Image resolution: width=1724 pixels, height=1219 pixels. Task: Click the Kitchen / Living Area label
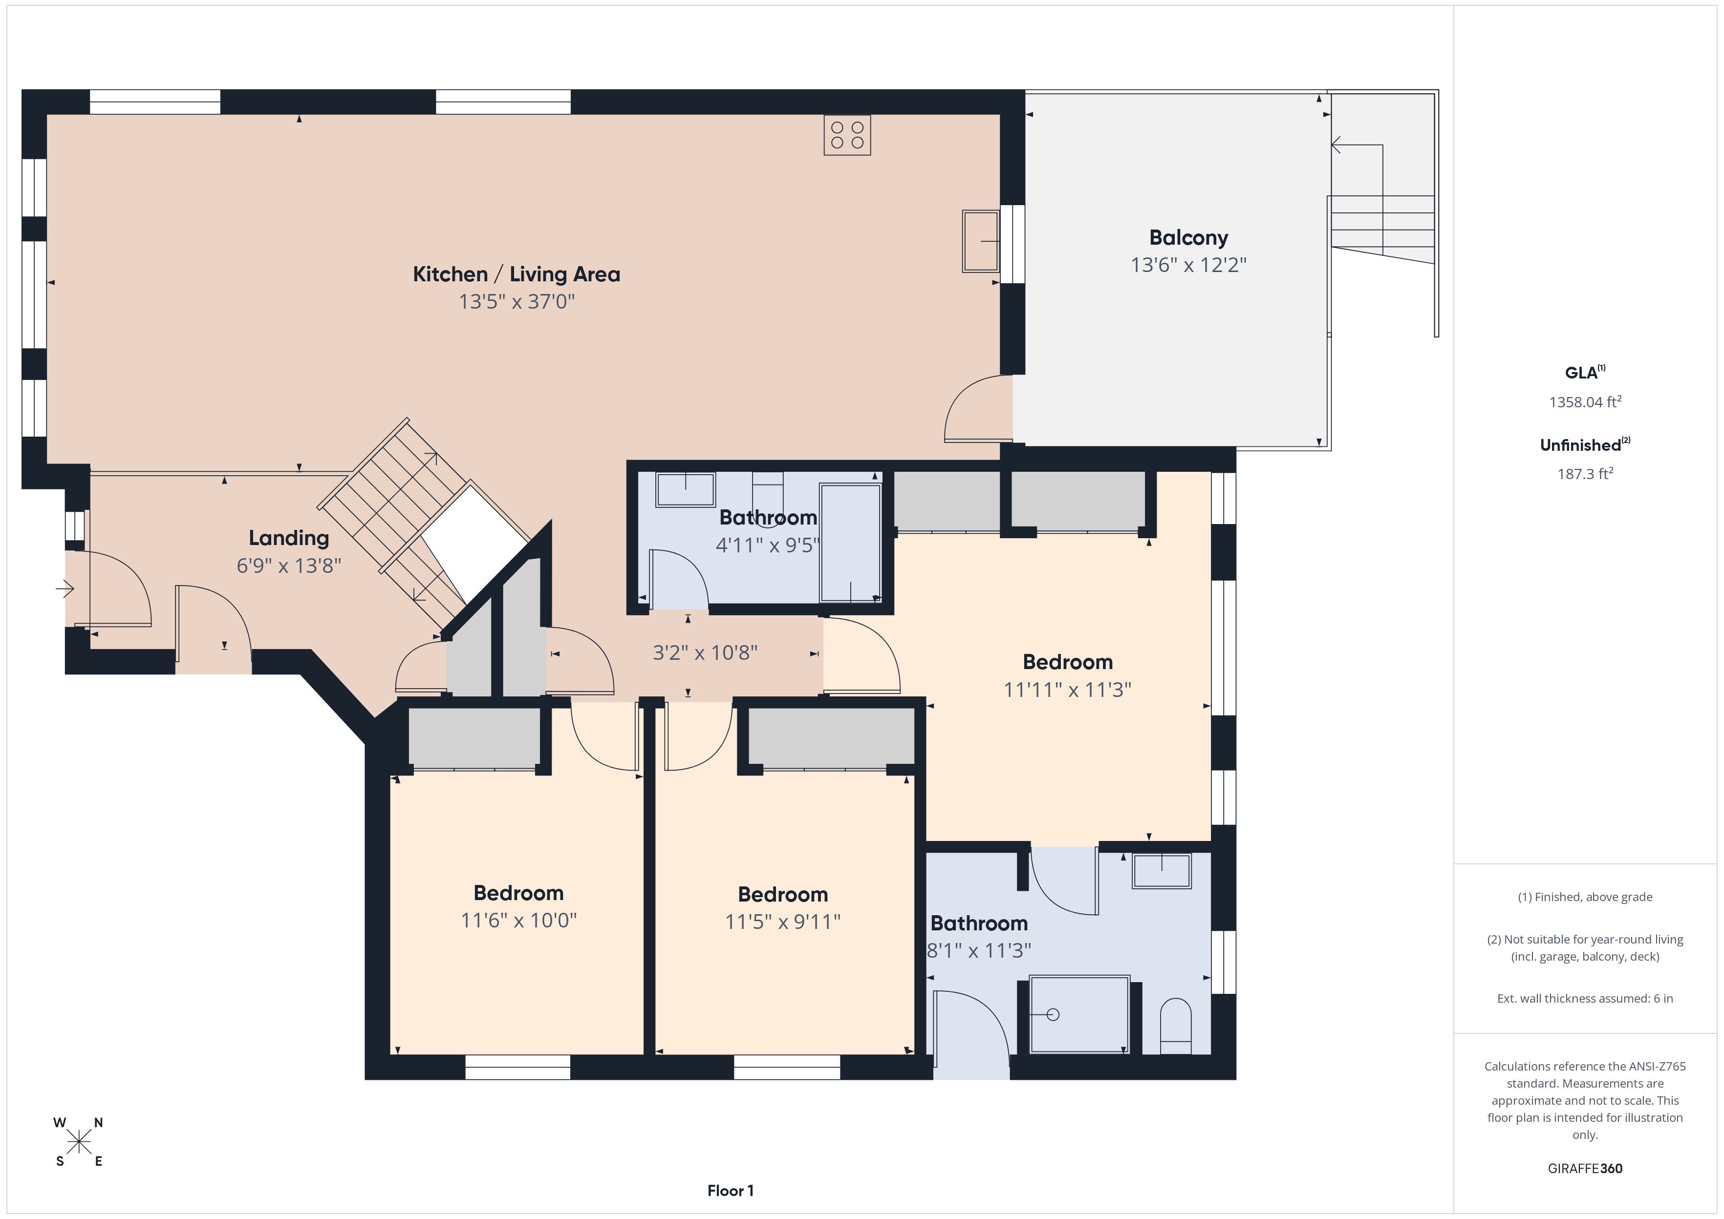click(x=517, y=274)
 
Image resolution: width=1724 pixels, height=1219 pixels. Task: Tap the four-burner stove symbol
click(x=847, y=135)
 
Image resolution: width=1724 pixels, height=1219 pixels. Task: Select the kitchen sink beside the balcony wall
click(x=981, y=241)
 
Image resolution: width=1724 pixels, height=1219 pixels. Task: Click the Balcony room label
click(x=1188, y=237)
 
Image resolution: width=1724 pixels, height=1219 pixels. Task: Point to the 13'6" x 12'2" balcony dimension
click(x=1188, y=265)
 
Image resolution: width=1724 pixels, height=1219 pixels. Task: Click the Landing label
click(x=289, y=538)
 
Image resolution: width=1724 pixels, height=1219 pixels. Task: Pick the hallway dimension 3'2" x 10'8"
click(x=705, y=653)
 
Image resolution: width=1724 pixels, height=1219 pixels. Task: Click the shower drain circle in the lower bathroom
click(x=1053, y=1015)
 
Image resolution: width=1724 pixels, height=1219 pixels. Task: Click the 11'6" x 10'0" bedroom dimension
click(x=519, y=920)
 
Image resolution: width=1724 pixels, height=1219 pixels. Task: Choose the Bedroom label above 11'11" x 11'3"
click(x=1068, y=662)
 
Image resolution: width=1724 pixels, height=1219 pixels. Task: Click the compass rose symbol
click(x=78, y=1142)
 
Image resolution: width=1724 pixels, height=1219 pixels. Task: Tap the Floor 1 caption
click(x=731, y=1191)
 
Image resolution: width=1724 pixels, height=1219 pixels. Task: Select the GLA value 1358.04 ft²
click(x=1585, y=401)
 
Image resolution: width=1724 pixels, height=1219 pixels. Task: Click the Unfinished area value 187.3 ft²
click(x=1585, y=474)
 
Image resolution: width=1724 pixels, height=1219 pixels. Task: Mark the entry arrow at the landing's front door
click(x=65, y=589)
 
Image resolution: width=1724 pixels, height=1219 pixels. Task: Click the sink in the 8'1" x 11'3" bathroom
click(x=1162, y=871)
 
